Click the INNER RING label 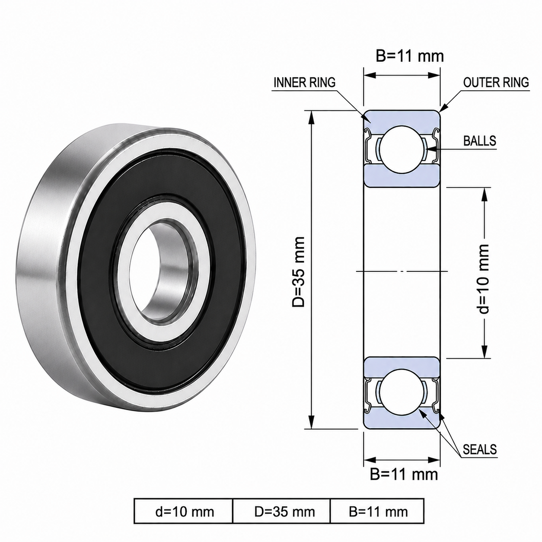[x=305, y=83]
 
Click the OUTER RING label [x=496, y=83]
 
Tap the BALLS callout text [x=480, y=140]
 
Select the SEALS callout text [x=480, y=449]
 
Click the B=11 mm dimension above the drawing [x=410, y=56]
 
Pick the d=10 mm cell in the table [x=185, y=512]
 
